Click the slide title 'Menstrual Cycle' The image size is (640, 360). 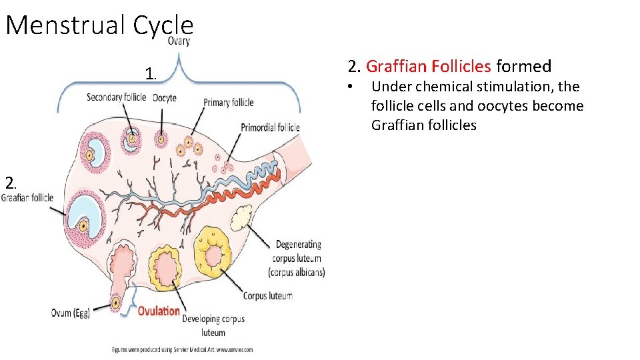click(99, 25)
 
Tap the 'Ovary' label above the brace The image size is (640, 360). click(178, 41)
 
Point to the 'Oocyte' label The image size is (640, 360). click(164, 97)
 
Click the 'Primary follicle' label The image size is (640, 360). click(229, 102)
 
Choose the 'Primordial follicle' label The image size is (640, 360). click(270, 127)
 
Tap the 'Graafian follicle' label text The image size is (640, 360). click(27, 197)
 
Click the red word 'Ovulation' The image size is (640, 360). click(159, 310)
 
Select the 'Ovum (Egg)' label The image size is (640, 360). click(71, 313)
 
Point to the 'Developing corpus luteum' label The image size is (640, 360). click(213, 325)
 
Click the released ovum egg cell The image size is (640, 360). click(116, 303)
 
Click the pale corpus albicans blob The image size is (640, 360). click(240, 217)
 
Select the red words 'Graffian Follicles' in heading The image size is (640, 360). click(429, 66)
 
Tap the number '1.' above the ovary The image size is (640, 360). click(151, 73)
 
